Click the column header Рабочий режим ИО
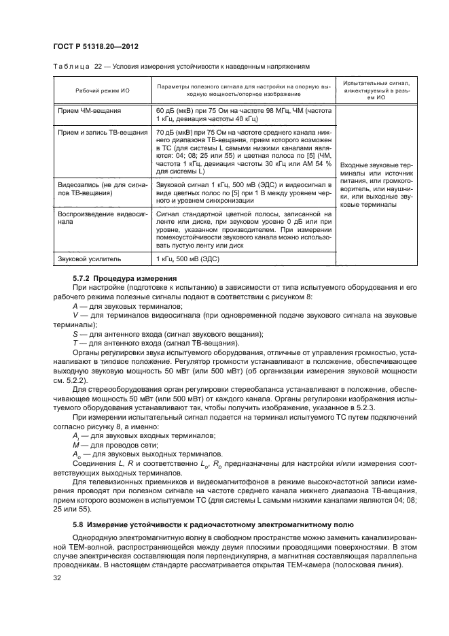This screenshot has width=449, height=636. tap(93, 91)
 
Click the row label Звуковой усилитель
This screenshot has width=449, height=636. tap(84, 259)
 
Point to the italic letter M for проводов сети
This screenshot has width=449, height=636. tap(75, 442)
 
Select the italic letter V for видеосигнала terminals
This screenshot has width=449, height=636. tap(75, 315)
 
